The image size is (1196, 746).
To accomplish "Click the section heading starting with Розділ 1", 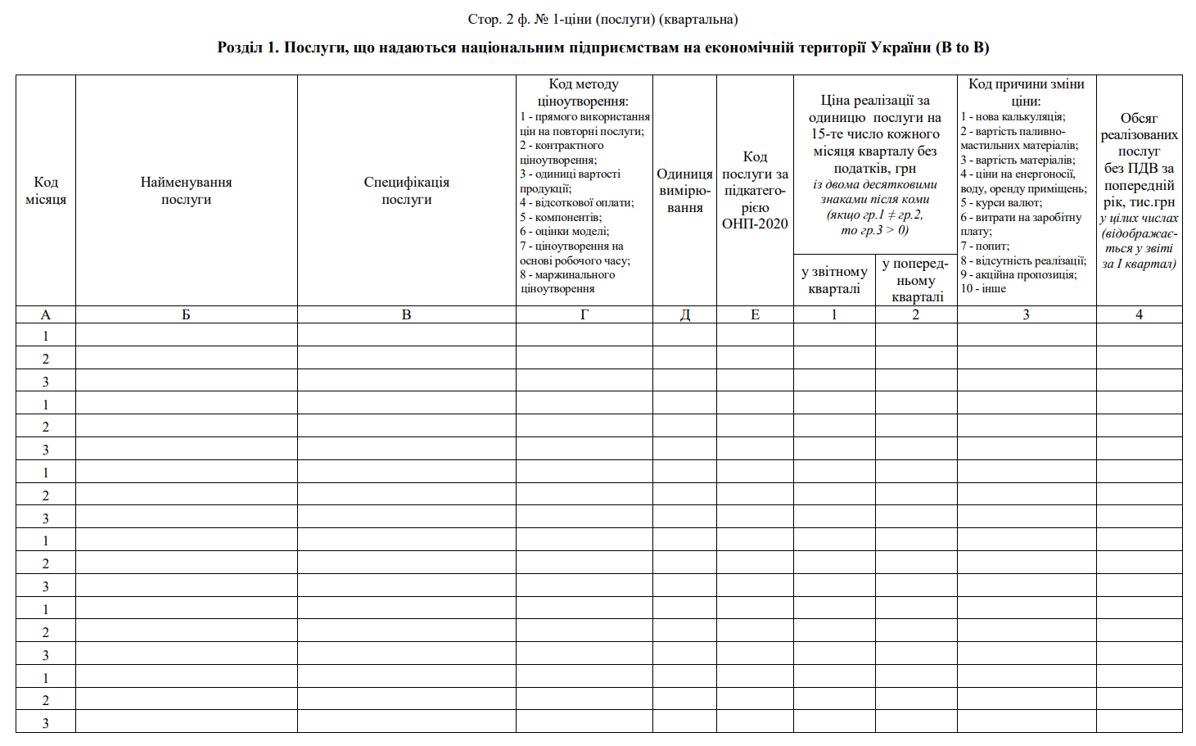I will [x=603, y=47].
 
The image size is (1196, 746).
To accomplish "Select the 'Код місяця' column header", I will [x=46, y=191].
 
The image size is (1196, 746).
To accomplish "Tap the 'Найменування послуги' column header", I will [x=186, y=191].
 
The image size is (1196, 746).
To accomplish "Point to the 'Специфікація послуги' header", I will [x=406, y=191].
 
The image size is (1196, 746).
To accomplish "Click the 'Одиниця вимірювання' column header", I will [x=684, y=191].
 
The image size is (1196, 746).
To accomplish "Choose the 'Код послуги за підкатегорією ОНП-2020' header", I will [x=755, y=190].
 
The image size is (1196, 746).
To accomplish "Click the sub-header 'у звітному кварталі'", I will [x=834, y=280].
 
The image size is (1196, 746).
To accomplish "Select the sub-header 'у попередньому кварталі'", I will [x=916, y=280].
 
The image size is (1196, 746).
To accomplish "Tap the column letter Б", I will [x=186, y=314].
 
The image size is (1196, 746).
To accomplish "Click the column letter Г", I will [x=584, y=314].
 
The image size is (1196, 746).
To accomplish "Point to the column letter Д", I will [x=684, y=314].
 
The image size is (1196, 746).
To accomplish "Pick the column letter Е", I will [x=755, y=314].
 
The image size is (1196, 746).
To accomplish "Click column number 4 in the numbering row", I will [x=1139, y=314].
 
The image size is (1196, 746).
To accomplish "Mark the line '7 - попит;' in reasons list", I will [x=985, y=246].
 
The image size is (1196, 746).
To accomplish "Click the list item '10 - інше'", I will [x=983, y=288].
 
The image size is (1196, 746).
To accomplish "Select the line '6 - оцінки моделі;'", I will [x=564, y=231].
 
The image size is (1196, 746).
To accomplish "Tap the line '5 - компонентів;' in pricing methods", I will [x=560, y=217].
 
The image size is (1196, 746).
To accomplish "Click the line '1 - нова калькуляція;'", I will [x=1013, y=117].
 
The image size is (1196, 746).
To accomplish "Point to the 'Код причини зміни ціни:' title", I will [x=1026, y=92].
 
